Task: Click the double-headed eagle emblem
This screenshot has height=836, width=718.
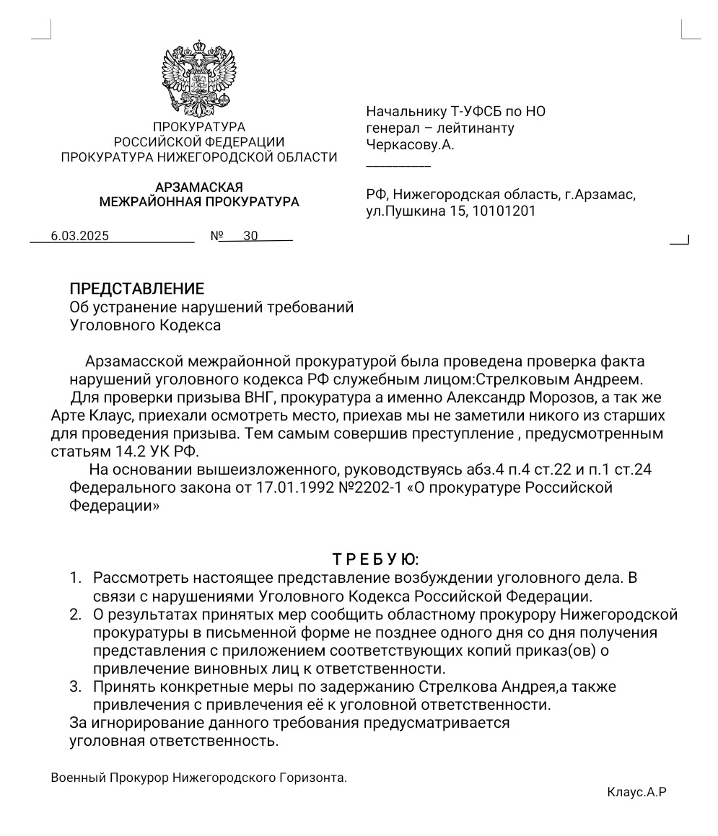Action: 198,79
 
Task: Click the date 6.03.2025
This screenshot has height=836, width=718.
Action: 79,236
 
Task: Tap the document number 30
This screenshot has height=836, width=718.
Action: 250,236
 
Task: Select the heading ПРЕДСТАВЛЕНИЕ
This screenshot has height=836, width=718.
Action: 136,289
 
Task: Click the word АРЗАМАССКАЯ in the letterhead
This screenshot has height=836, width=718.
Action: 198,188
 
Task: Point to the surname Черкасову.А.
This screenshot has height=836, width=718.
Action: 410,145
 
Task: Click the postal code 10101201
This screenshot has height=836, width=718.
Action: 504,211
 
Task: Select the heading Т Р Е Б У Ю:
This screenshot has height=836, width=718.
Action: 375,559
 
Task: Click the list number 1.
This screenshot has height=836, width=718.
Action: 75,578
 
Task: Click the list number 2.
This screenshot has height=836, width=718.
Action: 75,615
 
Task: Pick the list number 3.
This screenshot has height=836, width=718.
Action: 75,686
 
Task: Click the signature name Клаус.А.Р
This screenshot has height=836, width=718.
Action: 636,792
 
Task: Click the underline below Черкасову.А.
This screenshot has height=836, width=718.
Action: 398,166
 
